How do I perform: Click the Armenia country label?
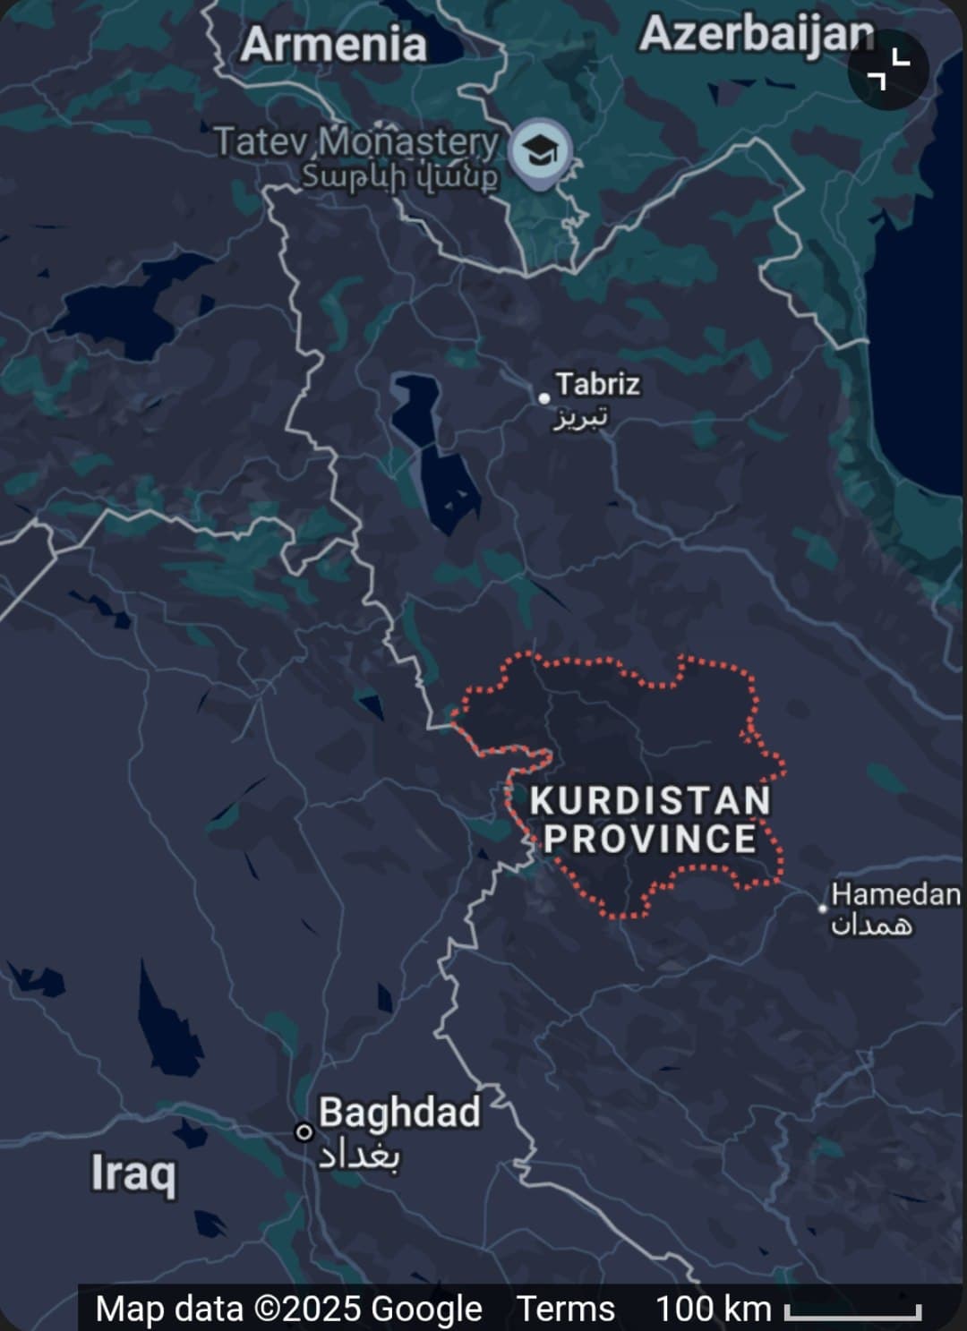[x=333, y=45]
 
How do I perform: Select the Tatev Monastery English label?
[x=355, y=141]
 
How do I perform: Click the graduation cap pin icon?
[x=539, y=149]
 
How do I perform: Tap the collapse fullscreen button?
[x=888, y=70]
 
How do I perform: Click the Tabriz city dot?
[x=544, y=397]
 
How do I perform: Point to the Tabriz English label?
[x=597, y=384]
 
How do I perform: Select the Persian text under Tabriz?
[x=580, y=417]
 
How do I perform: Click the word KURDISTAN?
[x=650, y=800]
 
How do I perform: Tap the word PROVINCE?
[x=650, y=840]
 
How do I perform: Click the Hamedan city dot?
[x=823, y=908]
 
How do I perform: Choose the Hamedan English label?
[x=895, y=893]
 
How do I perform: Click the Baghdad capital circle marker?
[x=304, y=1132]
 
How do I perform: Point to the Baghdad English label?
[x=399, y=1113]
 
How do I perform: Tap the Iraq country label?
[x=133, y=1173]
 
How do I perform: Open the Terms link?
[x=566, y=1309]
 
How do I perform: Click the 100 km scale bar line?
[x=852, y=1313]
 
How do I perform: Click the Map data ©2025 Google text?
[x=288, y=1309]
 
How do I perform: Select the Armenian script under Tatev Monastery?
[x=399, y=176]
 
